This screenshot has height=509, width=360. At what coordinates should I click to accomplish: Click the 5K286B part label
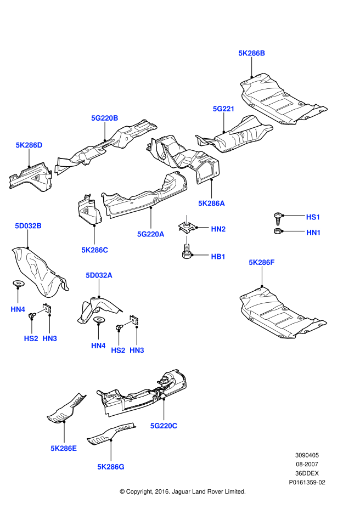pos(252,53)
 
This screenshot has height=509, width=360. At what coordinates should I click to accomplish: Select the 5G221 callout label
pos(224,109)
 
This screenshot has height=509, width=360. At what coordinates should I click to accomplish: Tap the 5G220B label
pos(105,118)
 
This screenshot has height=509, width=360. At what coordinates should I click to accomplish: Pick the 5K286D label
pos(29,145)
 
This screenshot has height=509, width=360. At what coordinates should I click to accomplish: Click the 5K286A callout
pos(212,203)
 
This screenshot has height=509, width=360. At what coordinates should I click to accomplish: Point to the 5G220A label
pos(151,234)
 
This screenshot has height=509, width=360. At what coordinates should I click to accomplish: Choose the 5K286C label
pos(94,250)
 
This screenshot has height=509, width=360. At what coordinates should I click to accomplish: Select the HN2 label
pos(218,229)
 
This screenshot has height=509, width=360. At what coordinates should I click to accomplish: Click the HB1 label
pos(218,256)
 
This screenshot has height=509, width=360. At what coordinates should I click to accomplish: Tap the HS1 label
pos(313,217)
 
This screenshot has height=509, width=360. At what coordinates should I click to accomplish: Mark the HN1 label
pos(313,233)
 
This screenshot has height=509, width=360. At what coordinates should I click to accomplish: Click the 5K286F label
pos(262,263)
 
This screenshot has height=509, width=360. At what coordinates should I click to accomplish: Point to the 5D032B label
pos(28,226)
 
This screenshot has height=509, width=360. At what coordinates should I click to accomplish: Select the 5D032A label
pos(99,275)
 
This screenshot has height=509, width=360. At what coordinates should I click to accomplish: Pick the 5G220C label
pos(164,425)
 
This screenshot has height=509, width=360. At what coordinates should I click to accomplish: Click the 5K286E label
pos(64,448)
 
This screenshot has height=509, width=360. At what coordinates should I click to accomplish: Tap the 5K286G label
pos(111,467)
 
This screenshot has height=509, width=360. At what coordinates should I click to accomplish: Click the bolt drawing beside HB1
pos(187,253)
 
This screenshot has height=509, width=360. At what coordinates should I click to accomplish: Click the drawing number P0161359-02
pos(307,482)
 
